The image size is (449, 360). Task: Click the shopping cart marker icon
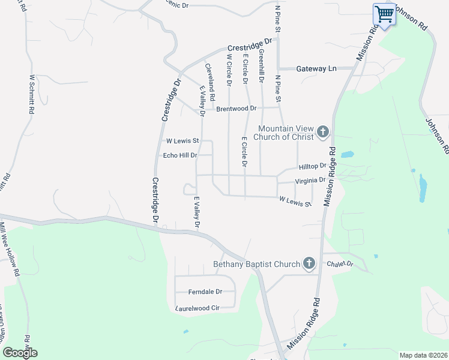click(x=384, y=14)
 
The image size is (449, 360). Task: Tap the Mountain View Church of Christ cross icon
click(x=323, y=132)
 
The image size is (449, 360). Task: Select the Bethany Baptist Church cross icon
click(x=309, y=263)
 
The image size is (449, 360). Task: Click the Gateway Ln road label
click(x=316, y=69)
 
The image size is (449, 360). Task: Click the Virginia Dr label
click(x=310, y=179)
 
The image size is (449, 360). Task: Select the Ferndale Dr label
click(x=205, y=292)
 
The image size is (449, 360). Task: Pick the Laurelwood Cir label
click(x=198, y=308)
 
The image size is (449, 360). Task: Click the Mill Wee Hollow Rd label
click(x=9, y=249)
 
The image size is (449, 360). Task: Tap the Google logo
click(x=20, y=353)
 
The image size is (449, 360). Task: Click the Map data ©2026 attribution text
click(x=423, y=355)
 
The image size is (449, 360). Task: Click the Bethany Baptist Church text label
click(x=256, y=264)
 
